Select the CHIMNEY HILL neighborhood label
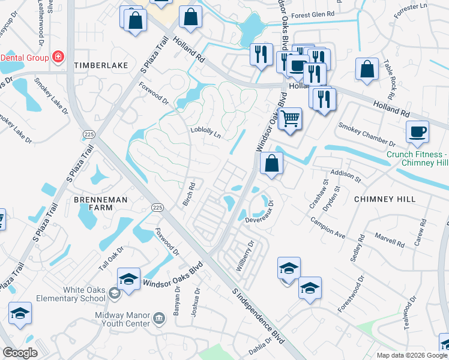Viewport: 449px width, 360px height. [x=384, y=199]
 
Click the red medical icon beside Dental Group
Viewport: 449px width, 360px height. [x=58, y=58]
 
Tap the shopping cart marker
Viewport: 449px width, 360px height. [x=290, y=117]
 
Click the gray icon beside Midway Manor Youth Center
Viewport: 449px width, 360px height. [x=159, y=317]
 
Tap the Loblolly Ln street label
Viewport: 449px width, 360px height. [x=206, y=133]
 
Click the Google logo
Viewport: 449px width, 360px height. [x=20, y=353]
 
